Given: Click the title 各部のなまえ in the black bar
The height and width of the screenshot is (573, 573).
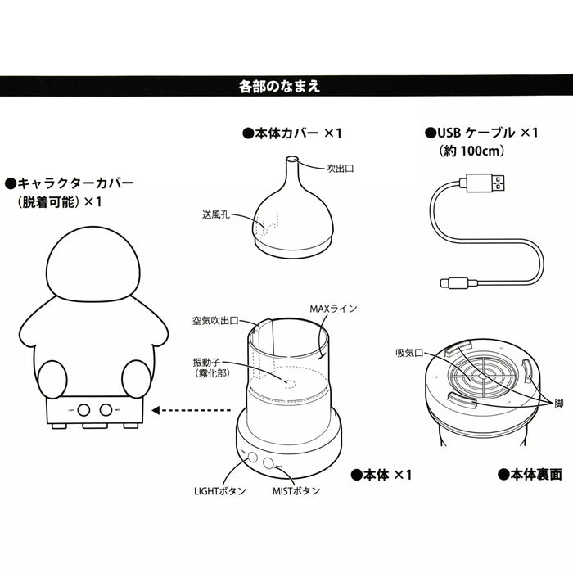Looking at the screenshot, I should click(x=285, y=85).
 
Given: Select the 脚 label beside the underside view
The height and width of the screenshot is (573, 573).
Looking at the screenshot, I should click(x=557, y=403).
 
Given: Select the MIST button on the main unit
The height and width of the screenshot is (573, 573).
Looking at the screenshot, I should click(x=271, y=463).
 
